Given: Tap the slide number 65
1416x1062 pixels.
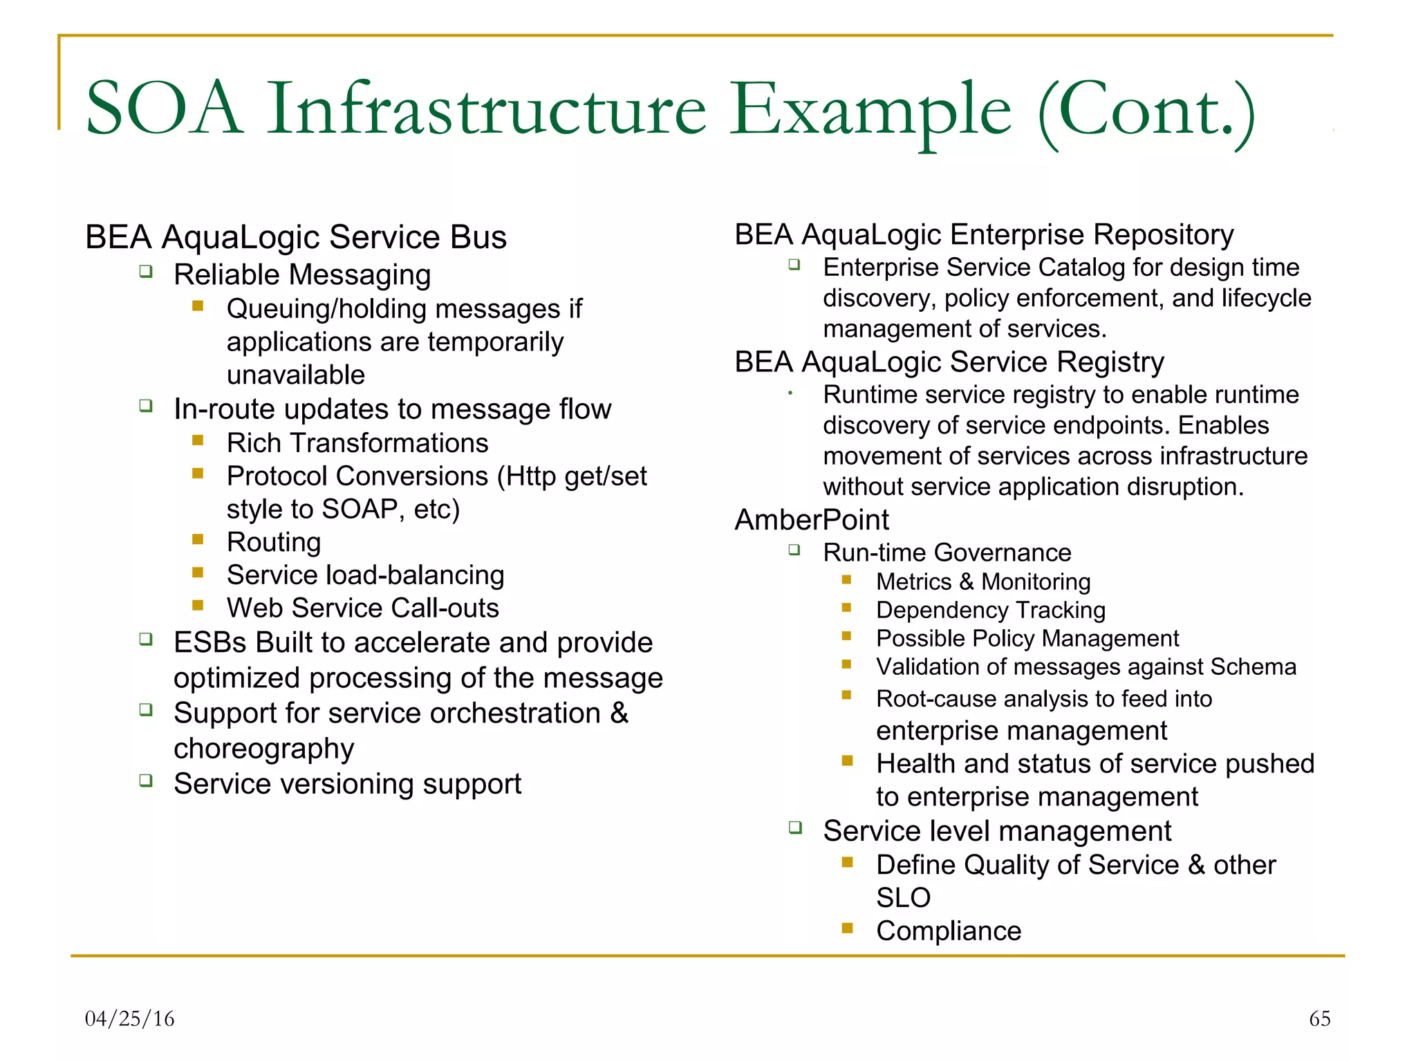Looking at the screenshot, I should [1319, 1018].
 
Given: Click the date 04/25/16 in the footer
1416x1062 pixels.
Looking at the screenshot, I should [129, 1018].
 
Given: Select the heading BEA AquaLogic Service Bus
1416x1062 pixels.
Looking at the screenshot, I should [295, 237].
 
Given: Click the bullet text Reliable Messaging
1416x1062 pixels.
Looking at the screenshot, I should [302, 275].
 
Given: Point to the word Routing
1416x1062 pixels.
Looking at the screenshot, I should [274, 542].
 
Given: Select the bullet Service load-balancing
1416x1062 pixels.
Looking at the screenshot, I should [365, 575].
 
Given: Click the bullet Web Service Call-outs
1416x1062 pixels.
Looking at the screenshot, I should [362, 608].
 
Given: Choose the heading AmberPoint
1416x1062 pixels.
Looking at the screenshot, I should [812, 520].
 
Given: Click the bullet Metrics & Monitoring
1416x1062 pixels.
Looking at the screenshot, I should [982, 582].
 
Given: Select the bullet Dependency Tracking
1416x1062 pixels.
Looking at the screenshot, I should [990, 611].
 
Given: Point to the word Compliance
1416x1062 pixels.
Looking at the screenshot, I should [948, 931].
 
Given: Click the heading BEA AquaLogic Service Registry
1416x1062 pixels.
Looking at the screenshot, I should [949, 362].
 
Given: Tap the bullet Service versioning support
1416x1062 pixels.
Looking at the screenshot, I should [347, 784].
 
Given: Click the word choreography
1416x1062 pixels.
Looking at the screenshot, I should [263, 749].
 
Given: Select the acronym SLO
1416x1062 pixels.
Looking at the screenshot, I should [903, 898].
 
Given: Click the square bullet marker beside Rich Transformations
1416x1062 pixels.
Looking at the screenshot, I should [198, 440].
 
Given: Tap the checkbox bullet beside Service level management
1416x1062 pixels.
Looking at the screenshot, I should [795, 828].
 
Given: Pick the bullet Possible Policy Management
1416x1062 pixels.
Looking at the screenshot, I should [1027, 639].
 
